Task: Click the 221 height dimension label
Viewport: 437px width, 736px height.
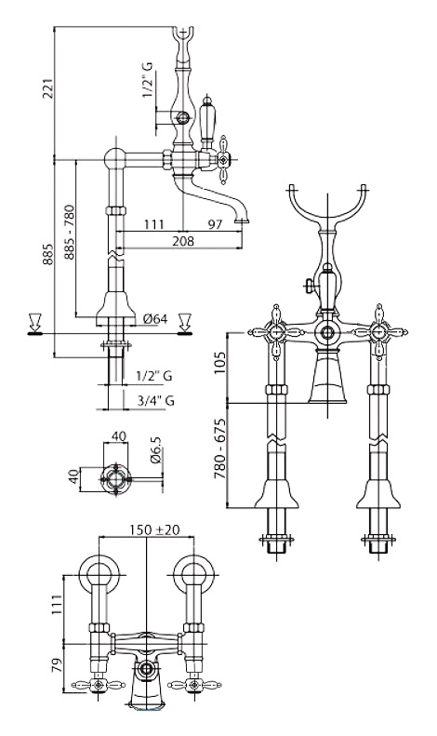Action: click(48, 87)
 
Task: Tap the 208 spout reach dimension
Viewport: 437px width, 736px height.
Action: click(182, 241)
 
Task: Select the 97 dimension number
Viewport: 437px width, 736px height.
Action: click(214, 224)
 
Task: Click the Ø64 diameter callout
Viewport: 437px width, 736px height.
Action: click(155, 319)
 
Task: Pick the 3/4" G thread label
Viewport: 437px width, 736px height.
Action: click(155, 401)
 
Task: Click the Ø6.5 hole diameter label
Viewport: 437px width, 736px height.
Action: click(156, 450)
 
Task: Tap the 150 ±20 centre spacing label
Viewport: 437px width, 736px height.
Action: click(153, 529)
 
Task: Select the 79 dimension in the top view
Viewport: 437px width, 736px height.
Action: click(57, 666)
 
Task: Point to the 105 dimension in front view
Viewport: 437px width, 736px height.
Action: click(220, 362)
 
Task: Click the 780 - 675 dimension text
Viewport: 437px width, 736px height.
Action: click(220, 448)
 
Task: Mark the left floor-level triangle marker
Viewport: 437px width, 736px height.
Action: click(35, 324)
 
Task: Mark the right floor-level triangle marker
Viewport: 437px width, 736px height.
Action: click(185, 324)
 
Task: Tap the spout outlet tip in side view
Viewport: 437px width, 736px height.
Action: click(242, 221)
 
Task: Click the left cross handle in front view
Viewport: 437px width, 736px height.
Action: click(277, 333)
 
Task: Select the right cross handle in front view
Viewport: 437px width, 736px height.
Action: click(378, 332)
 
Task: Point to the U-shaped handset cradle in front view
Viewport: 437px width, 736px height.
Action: click(326, 207)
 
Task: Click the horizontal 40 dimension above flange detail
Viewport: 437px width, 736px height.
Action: click(120, 436)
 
